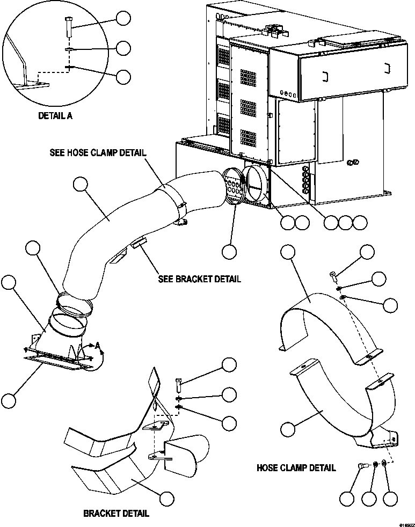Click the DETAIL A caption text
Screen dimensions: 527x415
click(x=55, y=115)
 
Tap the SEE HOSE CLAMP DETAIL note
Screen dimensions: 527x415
click(x=97, y=152)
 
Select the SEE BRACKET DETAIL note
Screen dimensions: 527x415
click(x=199, y=279)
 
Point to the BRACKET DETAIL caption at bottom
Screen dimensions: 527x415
click(x=116, y=514)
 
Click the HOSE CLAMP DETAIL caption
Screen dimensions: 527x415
click(x=296, y=467)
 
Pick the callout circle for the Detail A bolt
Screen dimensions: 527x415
click(x=123, y=19)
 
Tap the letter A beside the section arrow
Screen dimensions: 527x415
click(x=98, y=347)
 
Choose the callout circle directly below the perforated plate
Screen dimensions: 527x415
click(x=230, y=251)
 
